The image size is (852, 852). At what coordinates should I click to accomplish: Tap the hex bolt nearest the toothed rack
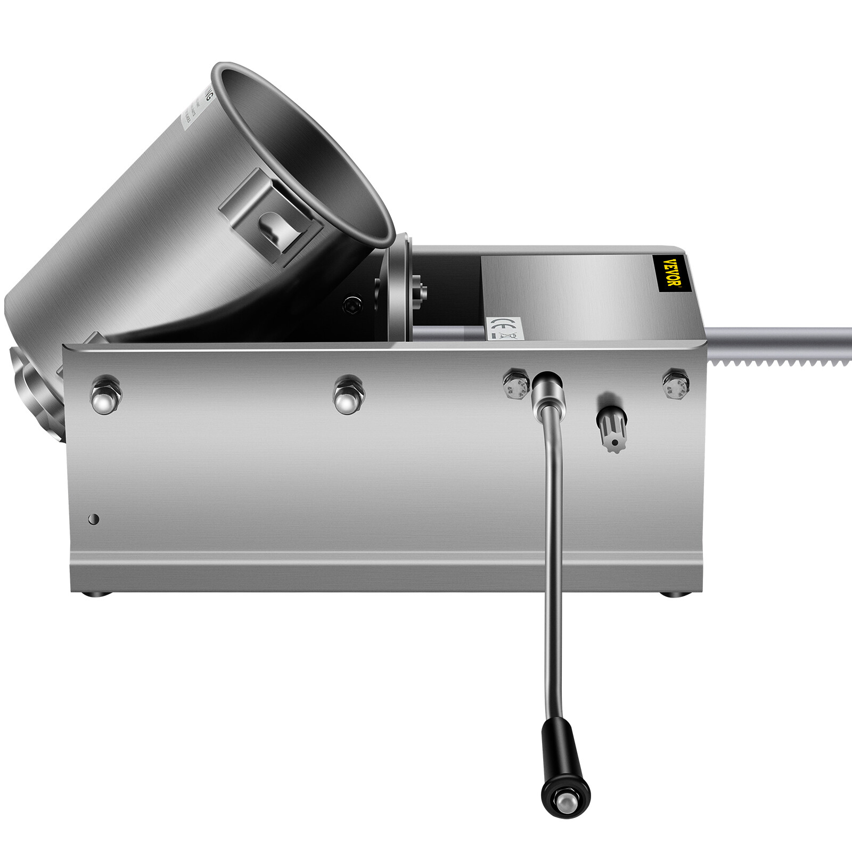[675, 381]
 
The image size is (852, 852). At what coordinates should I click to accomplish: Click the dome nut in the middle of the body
[349, 395]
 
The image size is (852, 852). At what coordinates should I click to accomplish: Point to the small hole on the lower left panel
[94, 519]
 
